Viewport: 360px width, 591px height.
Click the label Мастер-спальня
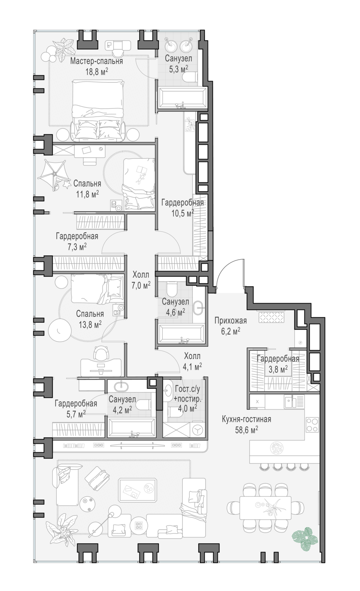click(x=97, y=61)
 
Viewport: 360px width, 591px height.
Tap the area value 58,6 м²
click(x=247, y=429)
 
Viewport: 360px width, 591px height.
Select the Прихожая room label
click(x=231, y=320)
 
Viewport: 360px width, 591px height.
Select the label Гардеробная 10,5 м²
click(x=183, y=203)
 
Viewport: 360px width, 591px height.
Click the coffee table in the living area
click(x=138, y=489)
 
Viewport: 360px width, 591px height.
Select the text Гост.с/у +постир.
click(x=187, y=393)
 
